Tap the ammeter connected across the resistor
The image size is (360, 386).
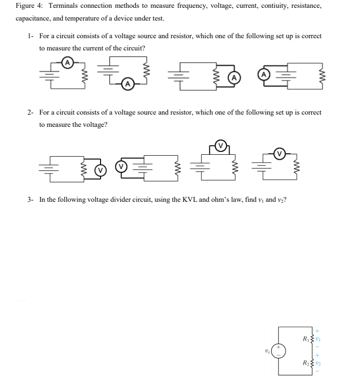(234, 77)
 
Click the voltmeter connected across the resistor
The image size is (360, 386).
(100, 170)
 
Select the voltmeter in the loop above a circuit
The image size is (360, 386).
(221, 145)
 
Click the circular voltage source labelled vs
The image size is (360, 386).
(278, 351)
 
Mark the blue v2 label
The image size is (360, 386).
(318, 363)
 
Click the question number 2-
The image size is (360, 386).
(31, 112)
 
